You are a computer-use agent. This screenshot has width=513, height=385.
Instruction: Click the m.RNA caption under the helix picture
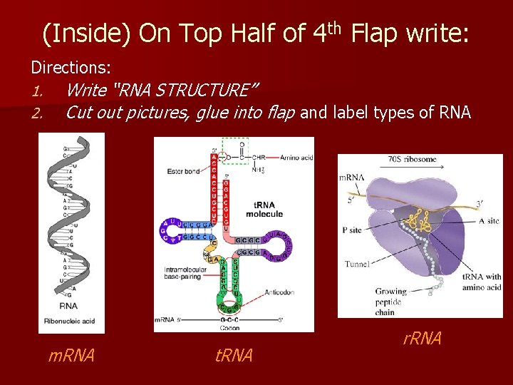point(71,354)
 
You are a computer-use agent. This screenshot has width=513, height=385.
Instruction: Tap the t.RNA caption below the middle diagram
point(234,354)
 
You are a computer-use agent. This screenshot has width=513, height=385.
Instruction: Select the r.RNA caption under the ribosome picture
point(422,338)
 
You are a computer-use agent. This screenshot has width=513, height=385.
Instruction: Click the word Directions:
point(71,68)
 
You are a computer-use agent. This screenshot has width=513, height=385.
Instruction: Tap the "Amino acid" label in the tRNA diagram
point(296,157)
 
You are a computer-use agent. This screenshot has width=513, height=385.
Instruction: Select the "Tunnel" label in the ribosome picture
point(357,264)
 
